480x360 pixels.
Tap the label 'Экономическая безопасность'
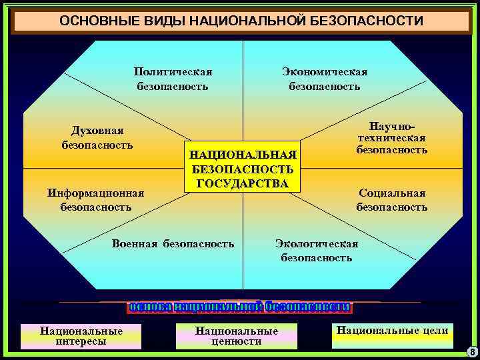point(325,79)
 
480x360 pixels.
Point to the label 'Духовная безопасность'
point(97,137)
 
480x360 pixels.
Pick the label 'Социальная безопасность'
point(391,200)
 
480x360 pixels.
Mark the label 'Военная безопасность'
point(173,244)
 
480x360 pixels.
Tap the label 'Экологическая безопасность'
point(317,251)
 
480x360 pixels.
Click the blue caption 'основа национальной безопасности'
point(240,307)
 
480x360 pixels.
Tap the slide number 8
point(472,351)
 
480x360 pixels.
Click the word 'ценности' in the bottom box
point(236,342)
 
